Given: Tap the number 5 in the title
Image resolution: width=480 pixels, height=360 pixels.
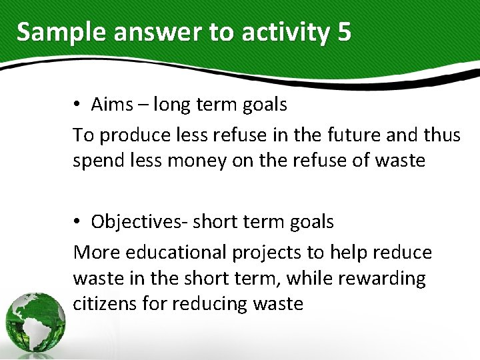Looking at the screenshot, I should [x=344, y=32].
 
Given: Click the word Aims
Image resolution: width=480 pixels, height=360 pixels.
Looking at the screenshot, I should [x=112, y=105].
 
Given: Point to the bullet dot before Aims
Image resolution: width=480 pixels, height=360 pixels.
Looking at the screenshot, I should [x=77, y=105].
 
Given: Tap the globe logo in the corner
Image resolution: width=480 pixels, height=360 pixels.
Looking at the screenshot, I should [x=35, y=322].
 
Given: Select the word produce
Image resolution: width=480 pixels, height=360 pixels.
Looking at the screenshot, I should [x=131, y=135].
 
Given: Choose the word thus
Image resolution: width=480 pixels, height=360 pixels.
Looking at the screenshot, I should [x=441, y=135].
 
